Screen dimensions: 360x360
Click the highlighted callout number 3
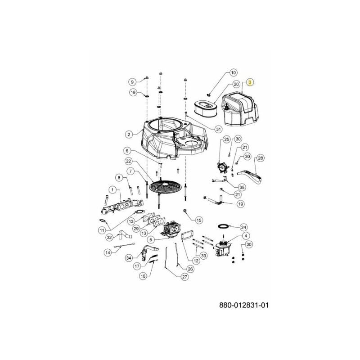251,83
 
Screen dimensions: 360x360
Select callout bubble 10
233,72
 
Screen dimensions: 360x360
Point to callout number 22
128,161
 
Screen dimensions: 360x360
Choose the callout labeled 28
260,158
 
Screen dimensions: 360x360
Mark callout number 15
199,220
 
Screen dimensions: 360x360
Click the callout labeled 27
184,278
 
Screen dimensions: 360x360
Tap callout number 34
129,258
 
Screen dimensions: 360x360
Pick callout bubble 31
219,129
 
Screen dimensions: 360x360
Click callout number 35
242,187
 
